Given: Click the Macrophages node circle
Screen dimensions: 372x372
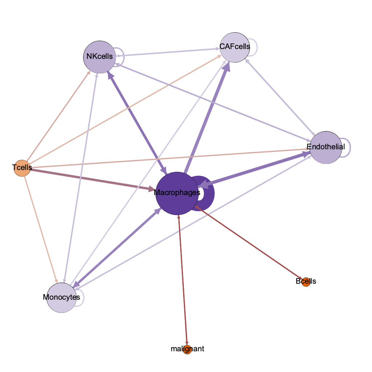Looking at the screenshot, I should click(x=177, y=193).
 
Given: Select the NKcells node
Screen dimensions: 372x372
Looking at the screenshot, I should click(x=99, y=57).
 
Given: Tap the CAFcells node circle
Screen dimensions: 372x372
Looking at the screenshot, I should click(x=235, y=47).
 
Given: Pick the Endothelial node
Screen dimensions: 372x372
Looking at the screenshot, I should click(x=325, y=147).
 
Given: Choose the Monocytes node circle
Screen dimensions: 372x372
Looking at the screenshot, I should click(x=62, y=298).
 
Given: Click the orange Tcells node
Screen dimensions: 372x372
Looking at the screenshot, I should click(x=21, y=168).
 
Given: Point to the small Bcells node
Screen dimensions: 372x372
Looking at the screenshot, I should click(x=306, y=282).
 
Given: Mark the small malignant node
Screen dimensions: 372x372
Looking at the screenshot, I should click(x=187, y=349).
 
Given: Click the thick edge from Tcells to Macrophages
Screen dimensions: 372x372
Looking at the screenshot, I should click(x=91, y=179).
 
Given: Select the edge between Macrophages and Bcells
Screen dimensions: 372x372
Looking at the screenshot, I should click(x=251, y=244).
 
